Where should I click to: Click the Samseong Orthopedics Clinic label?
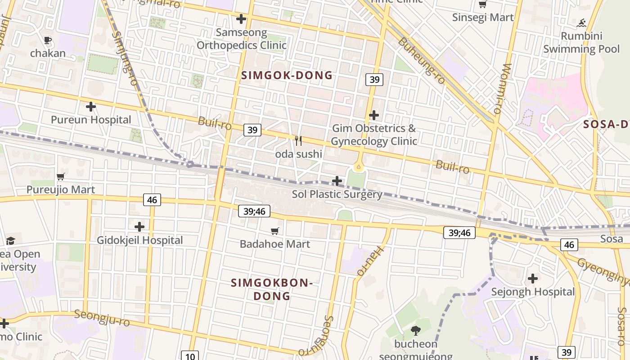(x=242, y=39)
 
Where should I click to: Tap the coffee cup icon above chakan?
(x=48, y=40)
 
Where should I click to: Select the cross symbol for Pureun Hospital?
(x=91, y=107)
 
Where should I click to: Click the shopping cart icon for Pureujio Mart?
(x=61, y=176)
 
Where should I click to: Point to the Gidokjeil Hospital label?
(x=140, y=240)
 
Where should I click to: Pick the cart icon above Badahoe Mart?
(x=275, y=231)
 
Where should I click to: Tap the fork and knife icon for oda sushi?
(x=298, y=141)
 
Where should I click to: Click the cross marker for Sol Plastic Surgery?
(x=337, y=181)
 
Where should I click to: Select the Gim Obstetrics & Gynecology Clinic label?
(x=374, y=135)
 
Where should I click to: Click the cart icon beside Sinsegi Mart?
(x=483, y=4)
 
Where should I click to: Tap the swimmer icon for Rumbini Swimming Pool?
(x=582, y=22)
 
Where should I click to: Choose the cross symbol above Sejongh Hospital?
(x=533, y=279)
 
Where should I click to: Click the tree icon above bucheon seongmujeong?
(x=416, y=331)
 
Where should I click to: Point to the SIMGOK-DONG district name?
(x=287, y=76)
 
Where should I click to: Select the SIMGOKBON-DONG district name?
(x=272, y=289)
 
